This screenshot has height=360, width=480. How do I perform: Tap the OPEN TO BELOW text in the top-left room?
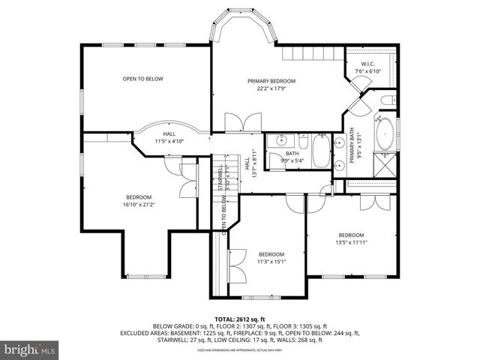[x=143, y=79]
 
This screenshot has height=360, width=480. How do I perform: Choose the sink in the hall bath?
[x=282, y=140]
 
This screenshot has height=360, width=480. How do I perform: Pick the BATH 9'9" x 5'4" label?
[x=292, y=156]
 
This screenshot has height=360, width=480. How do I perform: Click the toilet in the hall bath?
[x=301, y=141]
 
